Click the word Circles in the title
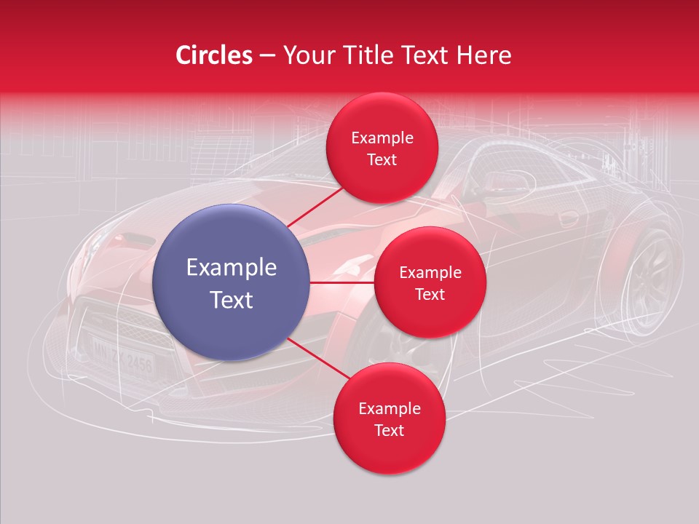[213, 55]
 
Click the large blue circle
[231, 282]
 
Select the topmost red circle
[382, 148]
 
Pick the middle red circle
[430, 282]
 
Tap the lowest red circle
[389, 418]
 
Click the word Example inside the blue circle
[231, 267]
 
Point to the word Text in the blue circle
[231, 300]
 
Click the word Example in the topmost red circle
[382, 138]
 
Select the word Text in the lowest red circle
[389, 430]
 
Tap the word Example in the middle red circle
[430, 272]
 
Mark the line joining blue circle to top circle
[315, 207]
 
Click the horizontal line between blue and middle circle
[342, 282]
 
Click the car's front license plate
[122, 354]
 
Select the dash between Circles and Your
[267, 55]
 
